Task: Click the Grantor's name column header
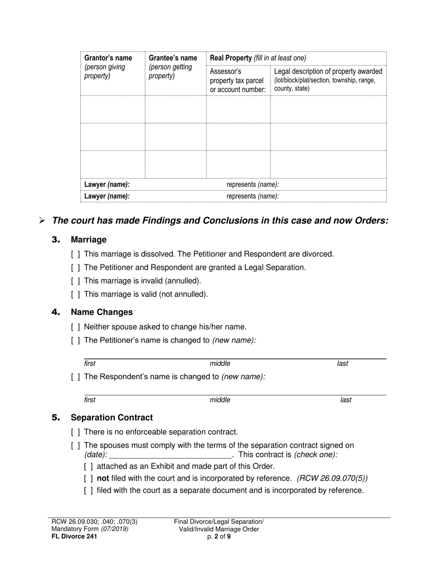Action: (108, 58)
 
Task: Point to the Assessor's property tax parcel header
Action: (237, 80)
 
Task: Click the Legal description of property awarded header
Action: (328, 71)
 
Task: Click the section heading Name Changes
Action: (101, 312)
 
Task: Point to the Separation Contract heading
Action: (112, 418)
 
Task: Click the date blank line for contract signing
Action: (169, 455)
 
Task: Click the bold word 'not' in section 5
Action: (103, 478)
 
